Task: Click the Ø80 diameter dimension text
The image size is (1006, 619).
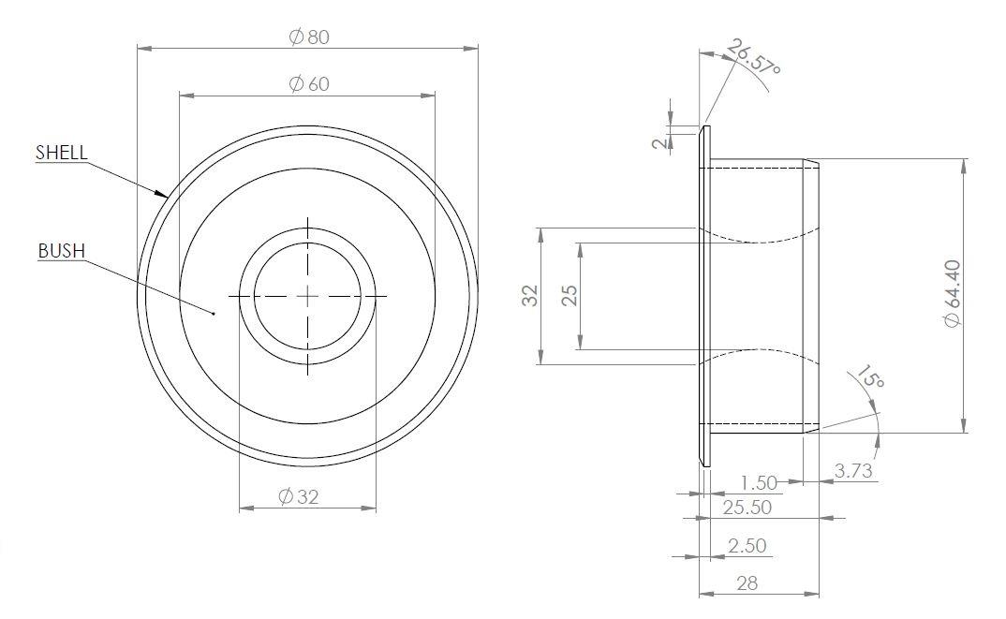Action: click(309, 37)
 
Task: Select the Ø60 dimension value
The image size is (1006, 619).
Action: click(309, 83)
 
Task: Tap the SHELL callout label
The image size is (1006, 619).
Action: click(61, 153)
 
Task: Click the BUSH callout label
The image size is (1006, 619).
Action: click(62, 251)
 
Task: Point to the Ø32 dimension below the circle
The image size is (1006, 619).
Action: click(300, 497)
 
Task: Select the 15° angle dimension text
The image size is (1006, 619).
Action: click(868, 377)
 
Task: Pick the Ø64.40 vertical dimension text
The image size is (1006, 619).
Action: click(953, 294)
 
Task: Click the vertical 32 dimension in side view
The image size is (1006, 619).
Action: click(530, 296)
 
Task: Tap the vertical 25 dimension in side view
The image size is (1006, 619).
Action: click(570, 296)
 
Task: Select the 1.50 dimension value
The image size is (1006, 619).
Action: click(759, 483)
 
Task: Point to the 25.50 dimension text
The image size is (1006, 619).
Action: click(747, 507)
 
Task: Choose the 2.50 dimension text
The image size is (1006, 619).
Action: click(747, 545)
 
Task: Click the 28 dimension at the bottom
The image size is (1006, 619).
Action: click(747, 582)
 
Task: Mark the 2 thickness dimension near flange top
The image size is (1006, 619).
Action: click(660, 141)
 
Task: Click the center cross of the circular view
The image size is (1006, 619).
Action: click(308, 296)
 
